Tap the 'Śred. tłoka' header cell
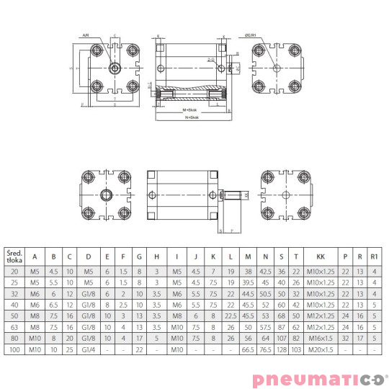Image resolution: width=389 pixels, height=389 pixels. click(x=14, y=256)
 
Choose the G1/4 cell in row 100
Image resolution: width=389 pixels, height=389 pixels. click(x=88, y=349)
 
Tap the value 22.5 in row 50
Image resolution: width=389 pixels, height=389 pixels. click(x=231, y=315)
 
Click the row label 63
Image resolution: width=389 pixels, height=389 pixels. click(x=14, y=326)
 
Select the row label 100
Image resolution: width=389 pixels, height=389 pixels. click(x=14, y=349)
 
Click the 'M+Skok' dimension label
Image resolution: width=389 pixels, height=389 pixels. click(x=189, y=109)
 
